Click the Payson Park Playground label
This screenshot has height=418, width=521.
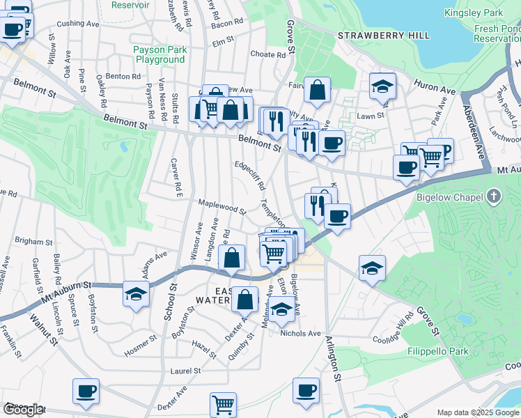[x=160, y=54]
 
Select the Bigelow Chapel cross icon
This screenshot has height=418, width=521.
[x=494, y=197]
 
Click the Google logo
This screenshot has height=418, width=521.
[x=23, y=410]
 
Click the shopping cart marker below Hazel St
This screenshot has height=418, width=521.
[x=223, y=404]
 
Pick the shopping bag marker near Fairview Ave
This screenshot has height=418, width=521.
[x=317, y=90]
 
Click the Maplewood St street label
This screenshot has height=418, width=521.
[x=223, y=206]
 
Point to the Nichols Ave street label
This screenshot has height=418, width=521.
[x=300, y=333]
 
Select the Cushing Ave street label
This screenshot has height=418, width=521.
[x=78, y=23]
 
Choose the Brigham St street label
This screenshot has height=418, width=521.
[x=29, y=240]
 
